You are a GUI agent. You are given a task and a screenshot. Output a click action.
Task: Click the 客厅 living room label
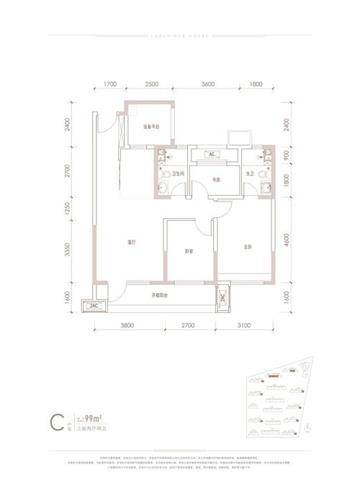coord(131,242)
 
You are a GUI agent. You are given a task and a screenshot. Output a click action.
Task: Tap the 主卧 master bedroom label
coord(247,247)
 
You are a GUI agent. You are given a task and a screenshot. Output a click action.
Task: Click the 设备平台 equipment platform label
coord(150,127)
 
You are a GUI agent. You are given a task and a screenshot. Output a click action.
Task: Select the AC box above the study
coord(212,154)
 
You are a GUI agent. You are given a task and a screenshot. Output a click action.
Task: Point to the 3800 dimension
coord(127,326)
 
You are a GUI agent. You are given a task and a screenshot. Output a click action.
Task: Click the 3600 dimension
coord(208,85)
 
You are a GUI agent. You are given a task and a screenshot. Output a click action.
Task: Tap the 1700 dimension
coord(110,85)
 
